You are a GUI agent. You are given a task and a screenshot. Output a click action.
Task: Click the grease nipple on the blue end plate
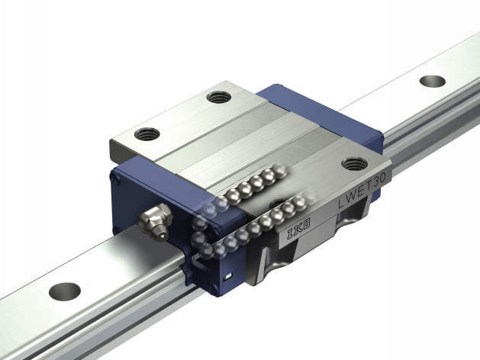click(x=155, y=222)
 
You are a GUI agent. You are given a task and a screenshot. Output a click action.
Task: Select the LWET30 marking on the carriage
click(x=362, y=191)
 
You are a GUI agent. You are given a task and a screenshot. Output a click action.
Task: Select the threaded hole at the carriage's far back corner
click(x=218, y=98)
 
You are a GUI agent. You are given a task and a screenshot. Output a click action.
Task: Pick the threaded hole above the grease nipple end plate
click(x=147, y=133)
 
